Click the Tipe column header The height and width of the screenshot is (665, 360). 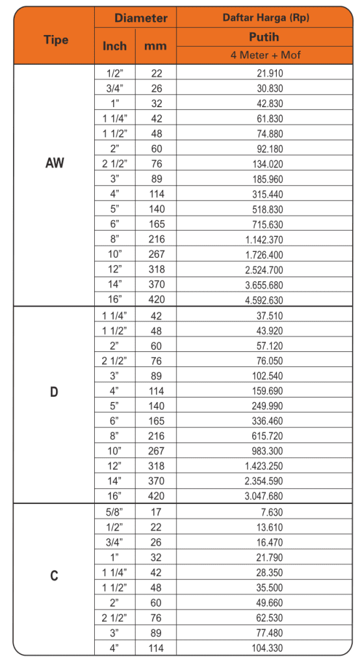(x=55, y=40)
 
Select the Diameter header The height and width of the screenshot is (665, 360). (x=140, y=18)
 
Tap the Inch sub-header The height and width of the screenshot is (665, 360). (x=115, y=47)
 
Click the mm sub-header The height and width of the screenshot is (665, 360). (x=155, y=47)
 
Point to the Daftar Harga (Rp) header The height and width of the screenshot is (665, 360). (x=266, y=18)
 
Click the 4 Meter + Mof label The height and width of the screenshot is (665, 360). (x=266, y=55)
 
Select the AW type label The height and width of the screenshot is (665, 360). (x=55, y=164)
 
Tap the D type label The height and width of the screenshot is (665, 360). (x=55, y=394)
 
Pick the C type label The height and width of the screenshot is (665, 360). (x=55, y=576)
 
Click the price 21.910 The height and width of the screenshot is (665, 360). (x=270, y=73)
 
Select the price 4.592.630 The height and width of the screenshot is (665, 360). (x=264, y=299)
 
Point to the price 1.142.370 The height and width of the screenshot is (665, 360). (x=264, y=239)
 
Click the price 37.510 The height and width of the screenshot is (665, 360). (x=270, y=315)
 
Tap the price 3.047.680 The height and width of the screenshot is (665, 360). (x=264, y=496)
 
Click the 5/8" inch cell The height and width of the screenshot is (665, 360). (x=115, y=512)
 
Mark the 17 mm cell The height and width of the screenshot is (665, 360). (x=156, y=512)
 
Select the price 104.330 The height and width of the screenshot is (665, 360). (x=267, y=647)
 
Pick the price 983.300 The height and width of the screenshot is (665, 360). (x=267, y=451)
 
